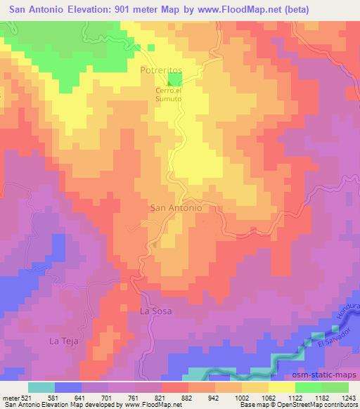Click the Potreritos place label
pyautogui.click(x=161, y=72)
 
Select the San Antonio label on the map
pyautogui.click(x=177, y=208)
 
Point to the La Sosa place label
pyautogui.click(x=155, y=310)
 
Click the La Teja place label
pyautogui.click(x=61, y=341)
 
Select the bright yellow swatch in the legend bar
pyautogui.click(x=281, y=387)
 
